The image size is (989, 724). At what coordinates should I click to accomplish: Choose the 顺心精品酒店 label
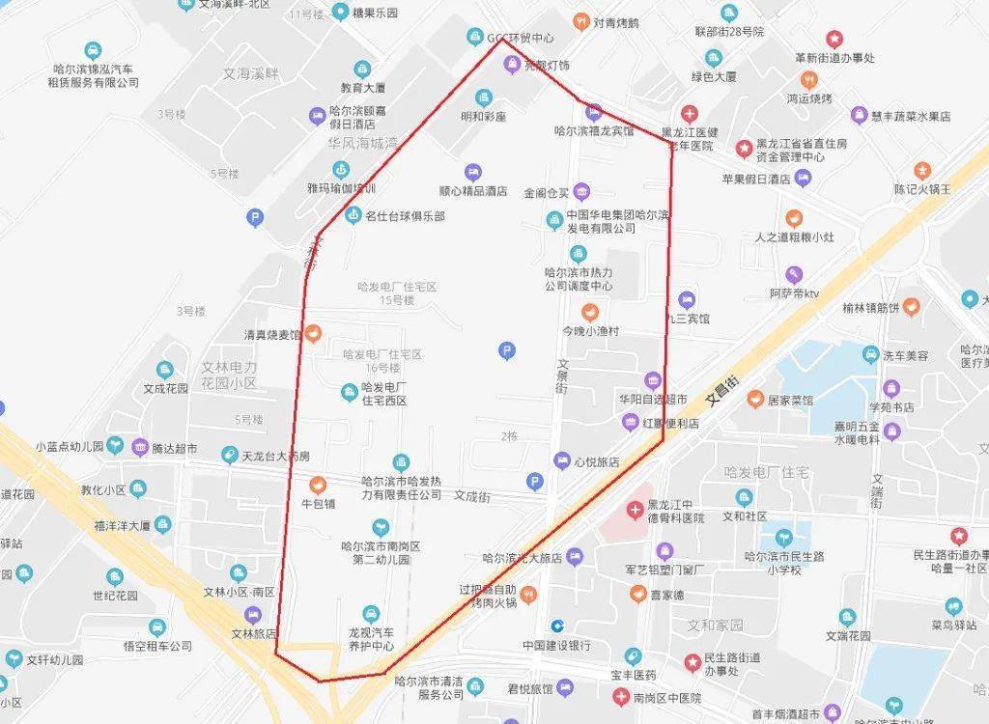click(x=473, y=191)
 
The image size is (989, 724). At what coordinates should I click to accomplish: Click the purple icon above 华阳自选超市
click(x=654, y=379)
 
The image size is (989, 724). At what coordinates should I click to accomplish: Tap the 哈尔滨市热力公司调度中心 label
click(x=578, y=279)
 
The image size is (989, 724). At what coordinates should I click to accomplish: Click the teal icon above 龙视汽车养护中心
click(x=371, y=614)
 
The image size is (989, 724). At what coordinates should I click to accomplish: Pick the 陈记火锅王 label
click(x=922, y=188)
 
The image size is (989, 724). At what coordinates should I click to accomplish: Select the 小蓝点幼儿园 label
click(x=69, y=446)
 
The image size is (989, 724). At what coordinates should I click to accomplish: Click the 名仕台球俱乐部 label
click(x=406, y=216)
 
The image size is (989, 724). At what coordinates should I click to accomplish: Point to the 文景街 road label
click(x=563, y=377)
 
